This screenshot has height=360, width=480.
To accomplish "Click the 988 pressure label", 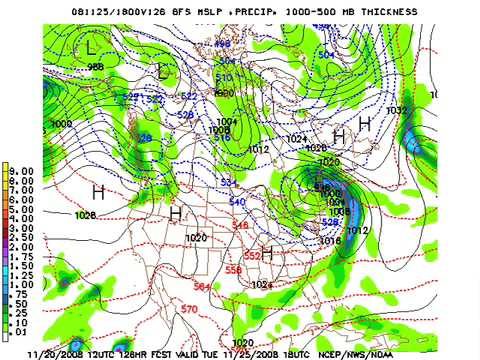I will click(x=95, y=67).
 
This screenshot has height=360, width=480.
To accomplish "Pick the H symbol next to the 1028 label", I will click(x=98, y=191).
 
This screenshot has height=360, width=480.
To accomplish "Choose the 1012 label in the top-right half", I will click(x=259, y=149).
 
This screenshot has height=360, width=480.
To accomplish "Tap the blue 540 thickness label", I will click(x=236, y=202).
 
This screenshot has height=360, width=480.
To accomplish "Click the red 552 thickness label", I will click(x=252, y=256).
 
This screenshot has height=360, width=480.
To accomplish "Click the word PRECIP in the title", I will click(x=256, y=11).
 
